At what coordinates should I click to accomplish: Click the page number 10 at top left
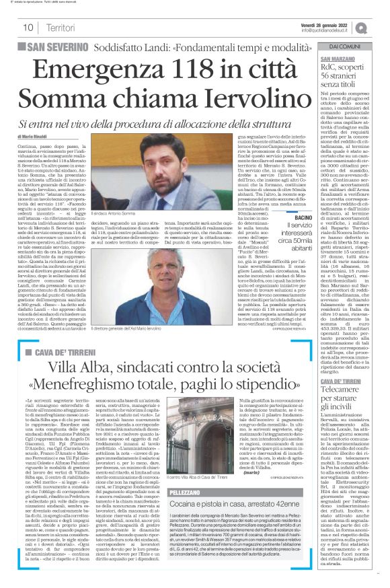tap(28, 28)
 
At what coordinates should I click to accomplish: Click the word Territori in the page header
tap(61, 28)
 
